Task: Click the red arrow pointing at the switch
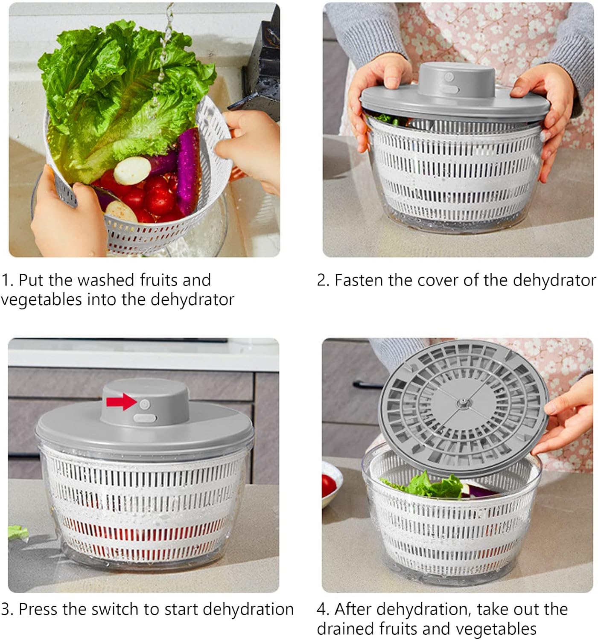pos(121,402)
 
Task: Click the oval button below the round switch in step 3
pos(145,419)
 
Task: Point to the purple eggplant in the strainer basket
pos(188,170)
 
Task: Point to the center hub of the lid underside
pos(462,402)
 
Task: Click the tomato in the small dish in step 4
pos(329,486)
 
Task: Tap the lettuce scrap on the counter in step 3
pos(17,532)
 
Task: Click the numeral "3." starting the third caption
pos(7,609)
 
